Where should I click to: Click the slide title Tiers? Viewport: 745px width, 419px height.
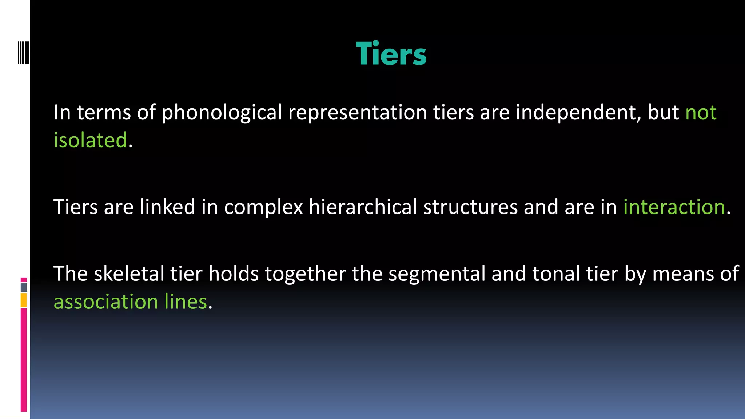click(x=391, y=54)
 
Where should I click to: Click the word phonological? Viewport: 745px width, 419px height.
click(x=222, y=112)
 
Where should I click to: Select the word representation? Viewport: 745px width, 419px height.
click(x=357, y=112)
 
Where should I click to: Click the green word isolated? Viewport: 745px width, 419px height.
click(x=90, y=140)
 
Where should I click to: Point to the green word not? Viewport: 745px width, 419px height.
click(x=701, y=112)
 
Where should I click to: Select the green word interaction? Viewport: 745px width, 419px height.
click(x=674, y=207)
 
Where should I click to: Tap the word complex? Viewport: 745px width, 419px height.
click(x=263, y=208)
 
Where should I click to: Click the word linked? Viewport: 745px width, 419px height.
click(x=167, y=207)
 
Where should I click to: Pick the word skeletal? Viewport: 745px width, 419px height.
click(x=129, y=274)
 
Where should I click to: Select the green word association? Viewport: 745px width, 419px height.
click(x=106, y=302)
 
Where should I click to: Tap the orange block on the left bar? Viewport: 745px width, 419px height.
click(x=24, y=300)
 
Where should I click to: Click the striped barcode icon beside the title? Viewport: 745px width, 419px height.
click(x=23, y=53)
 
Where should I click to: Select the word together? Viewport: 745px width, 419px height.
click(x=305, y=274)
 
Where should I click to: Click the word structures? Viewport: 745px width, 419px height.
click(x=470, y=207)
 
